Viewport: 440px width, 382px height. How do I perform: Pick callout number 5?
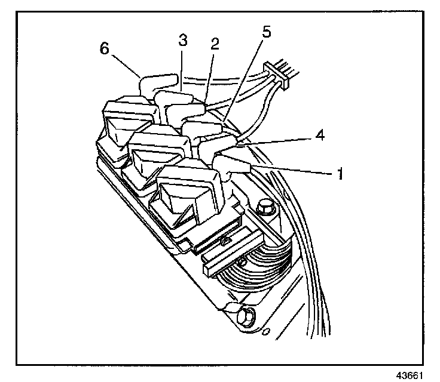pyautogui.click(x=265, y=32)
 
